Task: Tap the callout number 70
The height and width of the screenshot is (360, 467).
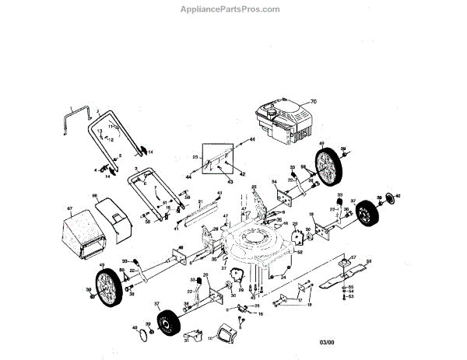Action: pos(314,102)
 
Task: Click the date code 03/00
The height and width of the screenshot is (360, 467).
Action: pos(328,342)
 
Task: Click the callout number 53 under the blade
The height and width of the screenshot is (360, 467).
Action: pos(351,297)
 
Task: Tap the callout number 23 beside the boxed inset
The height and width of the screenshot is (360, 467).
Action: pos(195,157)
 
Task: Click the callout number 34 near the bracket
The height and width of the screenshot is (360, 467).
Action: pos(274,182)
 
